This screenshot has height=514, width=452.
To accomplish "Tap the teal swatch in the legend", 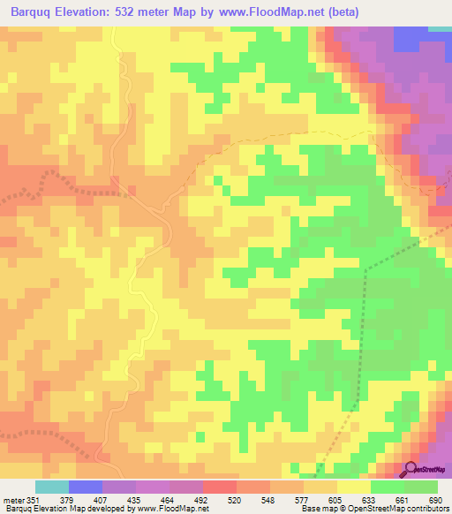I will click(52, 487).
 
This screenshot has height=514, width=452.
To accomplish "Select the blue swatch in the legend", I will click(86, 487).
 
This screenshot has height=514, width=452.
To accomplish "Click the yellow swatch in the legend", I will click(354, 487).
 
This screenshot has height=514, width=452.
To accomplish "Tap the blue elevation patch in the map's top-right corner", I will click(410, 37).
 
